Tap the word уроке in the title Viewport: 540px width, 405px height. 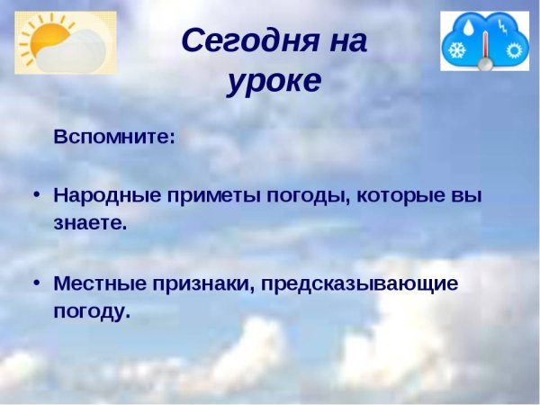tap(274, 81)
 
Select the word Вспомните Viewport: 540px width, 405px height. tap(113, 139)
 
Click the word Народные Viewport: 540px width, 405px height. tap(102, 194)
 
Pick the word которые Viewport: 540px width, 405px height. tap(400, 194)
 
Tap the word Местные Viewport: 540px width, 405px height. tap(97, 283)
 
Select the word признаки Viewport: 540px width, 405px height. tap(195, 283)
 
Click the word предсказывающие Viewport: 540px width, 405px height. tap(360, 283)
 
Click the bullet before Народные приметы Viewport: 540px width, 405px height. tap(36, 194)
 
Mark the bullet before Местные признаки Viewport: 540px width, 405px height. tap(36, 283)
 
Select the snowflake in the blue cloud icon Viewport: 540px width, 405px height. tap(458, 50)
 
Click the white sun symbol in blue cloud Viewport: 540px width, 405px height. tap(513, 49)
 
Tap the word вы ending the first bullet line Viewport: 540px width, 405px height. tap(469, 194)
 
